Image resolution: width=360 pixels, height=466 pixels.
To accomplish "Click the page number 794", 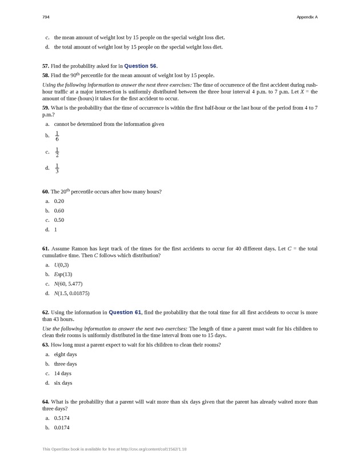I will click(46, 17).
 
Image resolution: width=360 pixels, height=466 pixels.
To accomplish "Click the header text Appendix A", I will click(307, 17).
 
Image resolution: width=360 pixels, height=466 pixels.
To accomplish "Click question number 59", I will click(45, 107).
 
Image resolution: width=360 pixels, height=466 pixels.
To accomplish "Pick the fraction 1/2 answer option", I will click(57, 152).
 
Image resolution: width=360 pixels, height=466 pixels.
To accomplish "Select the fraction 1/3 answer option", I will click(57, 168).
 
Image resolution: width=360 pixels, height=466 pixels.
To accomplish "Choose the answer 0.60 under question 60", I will click(59, 210).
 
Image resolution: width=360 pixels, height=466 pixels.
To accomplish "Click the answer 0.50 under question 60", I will click(59, 220).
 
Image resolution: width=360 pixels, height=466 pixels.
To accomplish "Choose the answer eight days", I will click(65, 355).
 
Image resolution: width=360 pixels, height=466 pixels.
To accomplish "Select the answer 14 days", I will click(62, 373).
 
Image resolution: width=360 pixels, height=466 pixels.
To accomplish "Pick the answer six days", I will click(63, 383).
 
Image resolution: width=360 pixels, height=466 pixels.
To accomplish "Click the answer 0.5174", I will click(62, 418).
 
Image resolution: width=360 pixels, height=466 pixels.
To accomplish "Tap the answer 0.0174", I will click(62, 427).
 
